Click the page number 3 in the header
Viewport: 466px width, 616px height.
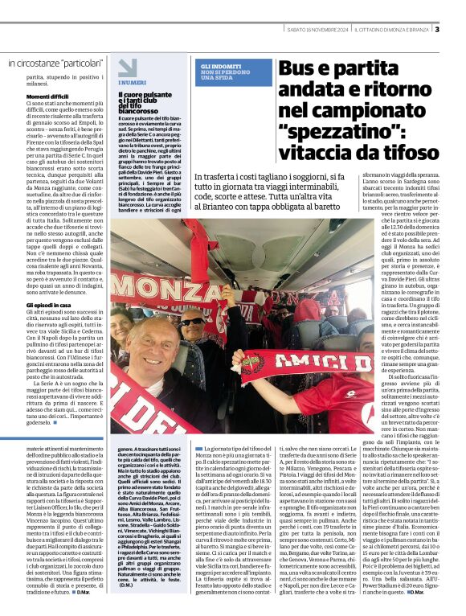tap(437, 31)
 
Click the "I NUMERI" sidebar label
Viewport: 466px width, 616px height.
tap(133, 83)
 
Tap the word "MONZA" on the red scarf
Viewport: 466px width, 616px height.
tap(157, 287)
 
